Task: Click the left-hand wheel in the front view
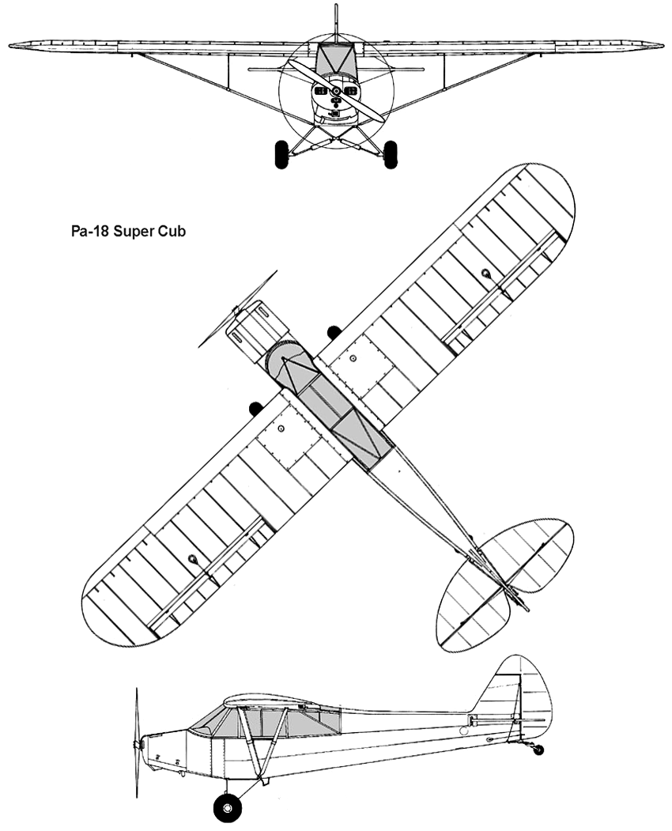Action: pos(281,154)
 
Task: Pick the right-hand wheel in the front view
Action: pos(391,154)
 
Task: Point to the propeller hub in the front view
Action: pos(336,92)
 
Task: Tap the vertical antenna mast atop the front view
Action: pos(336,22)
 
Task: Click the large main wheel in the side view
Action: pos(228,808)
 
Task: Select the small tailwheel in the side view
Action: pos(538,750)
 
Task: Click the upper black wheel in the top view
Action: pos(334,332)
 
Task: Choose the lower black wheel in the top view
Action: pos(256,409)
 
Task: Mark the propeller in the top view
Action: pos(238,309)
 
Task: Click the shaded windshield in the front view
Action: pos(335,59)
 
